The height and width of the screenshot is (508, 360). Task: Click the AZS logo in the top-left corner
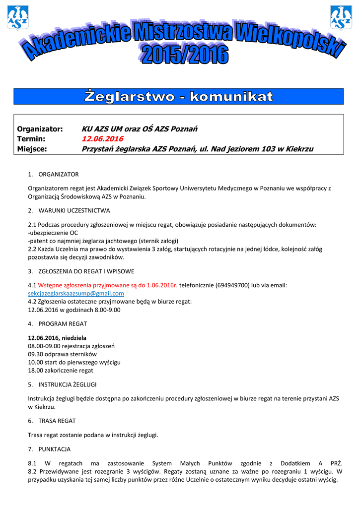point(17,17)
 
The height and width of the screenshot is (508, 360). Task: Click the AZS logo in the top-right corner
point(341,17)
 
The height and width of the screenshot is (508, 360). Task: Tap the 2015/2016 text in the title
point(185,55)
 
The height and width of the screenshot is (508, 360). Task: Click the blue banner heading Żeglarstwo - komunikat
point(179,96)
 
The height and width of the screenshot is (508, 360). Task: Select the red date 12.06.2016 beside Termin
point(102,139)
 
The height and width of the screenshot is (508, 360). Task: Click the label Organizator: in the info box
point(40,129)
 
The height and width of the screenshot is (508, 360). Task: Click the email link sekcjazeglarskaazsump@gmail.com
point(76,293)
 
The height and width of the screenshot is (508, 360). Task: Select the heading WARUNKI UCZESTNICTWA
point(74,210)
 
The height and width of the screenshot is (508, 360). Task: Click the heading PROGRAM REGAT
point(63,323)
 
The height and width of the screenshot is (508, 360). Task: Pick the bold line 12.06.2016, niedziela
point(57,337)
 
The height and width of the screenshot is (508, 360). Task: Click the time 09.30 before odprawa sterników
point(36,354)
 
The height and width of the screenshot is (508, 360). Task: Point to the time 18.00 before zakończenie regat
point(36,370)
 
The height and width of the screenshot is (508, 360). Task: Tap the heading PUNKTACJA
point(55,449)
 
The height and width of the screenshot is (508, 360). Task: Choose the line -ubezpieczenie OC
point(53,232)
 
